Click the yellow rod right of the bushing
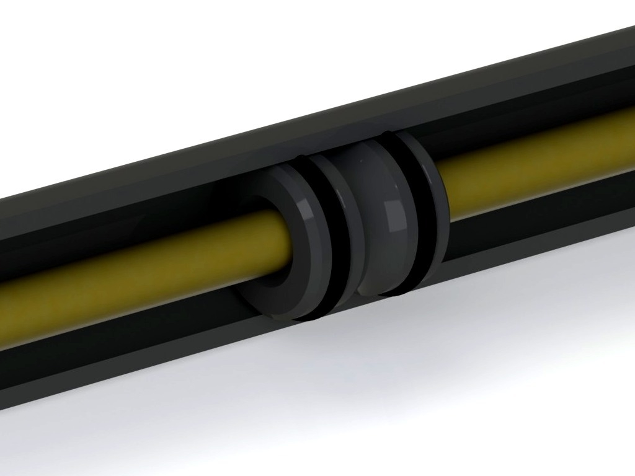point(533,167)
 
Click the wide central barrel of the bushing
point(378,223)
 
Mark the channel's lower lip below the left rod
point(124,353)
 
